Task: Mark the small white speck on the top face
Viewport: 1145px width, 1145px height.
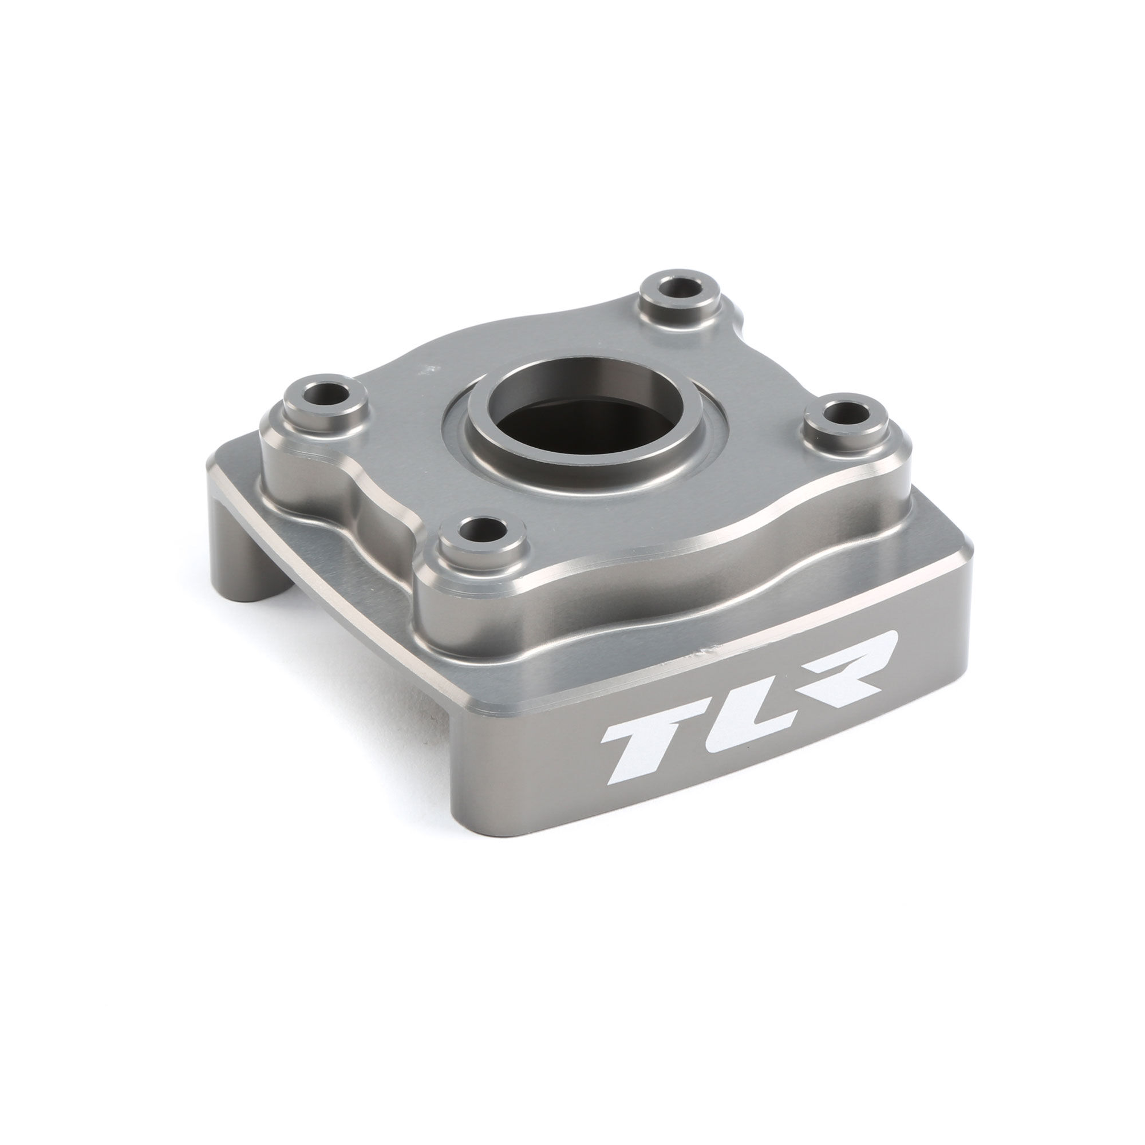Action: click(x=422, y=372)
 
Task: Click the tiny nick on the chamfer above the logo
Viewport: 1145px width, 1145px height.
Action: click(x=705, y=652)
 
